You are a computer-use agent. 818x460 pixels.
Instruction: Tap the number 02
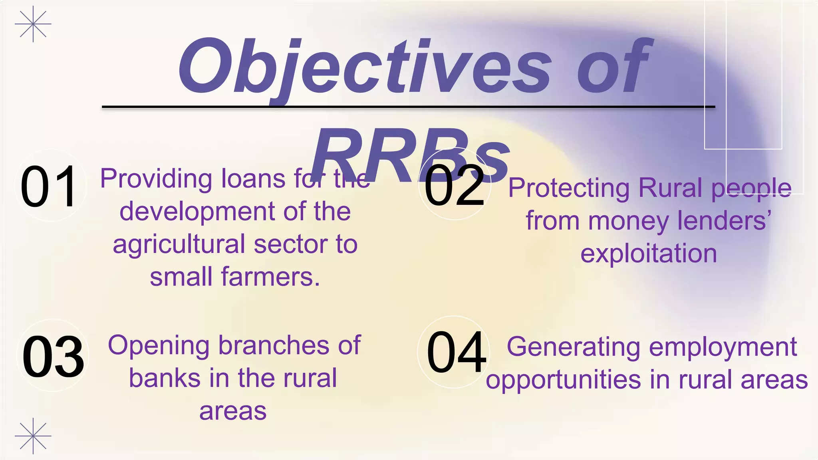coord(455,186)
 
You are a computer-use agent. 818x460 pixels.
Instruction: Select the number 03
coord(53,357)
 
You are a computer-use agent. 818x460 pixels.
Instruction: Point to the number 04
coord(456,352)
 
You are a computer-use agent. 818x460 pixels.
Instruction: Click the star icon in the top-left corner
coord(33,24)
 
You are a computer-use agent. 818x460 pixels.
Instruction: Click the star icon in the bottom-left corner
coord(33,436)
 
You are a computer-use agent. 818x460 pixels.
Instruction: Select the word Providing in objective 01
coord(156,179)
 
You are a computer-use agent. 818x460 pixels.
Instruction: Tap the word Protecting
coord(569,188)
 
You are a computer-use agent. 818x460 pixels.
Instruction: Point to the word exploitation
coord(649,254)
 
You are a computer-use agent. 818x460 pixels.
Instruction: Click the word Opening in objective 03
coord(159,346)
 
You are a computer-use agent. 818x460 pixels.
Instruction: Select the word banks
coord(165,378)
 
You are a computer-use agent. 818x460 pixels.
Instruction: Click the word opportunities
coord(563,380)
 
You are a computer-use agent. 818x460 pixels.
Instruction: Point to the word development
coord(197,212)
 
